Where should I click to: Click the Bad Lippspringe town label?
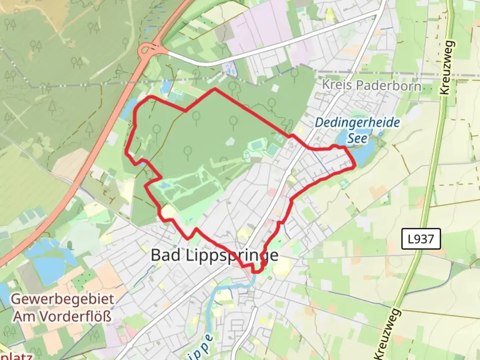click(x=214, y=255)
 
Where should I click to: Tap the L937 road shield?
click(x=421, y=239)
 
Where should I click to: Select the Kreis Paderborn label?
click(x=371, y=85)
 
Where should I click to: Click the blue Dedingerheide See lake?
click(x=362, y=152)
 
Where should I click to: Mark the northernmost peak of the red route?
click(x=215, y=89)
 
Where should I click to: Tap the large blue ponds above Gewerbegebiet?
click(x=50, y=260)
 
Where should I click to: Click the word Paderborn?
click(x=388, y=86)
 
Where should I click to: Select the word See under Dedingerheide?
click(x=357, y=138)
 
